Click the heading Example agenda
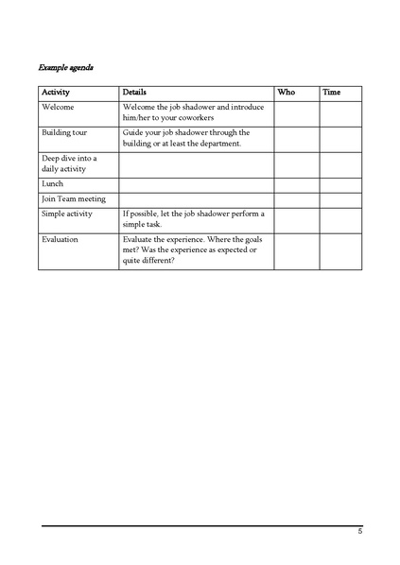[x=65, y=68]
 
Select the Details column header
[x=134, y=93]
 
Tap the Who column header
[x=285, y=93]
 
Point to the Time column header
[x=332, y=93]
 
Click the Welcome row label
[x=58, y=107]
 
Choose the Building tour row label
[x=64, y=133]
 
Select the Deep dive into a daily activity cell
[x=69, y=163]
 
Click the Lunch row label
[x=52, y=183]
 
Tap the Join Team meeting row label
[x=74, y=199]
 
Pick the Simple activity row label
[x=66, y=214]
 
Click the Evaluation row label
[x=60, y=239]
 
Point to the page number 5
[x=359, y=532]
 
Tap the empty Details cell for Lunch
[x=196, y=184]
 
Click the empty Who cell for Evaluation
[x=296, y=251]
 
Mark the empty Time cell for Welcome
[x=341, y=112]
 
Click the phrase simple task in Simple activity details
[x=144, y=225]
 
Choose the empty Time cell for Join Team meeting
[x=341, y=199]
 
